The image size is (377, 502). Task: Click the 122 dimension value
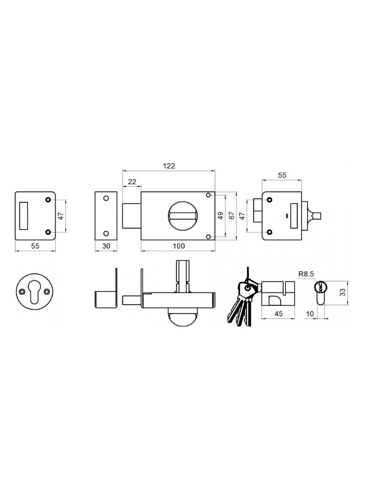pyautogui.click(x=169, y=166)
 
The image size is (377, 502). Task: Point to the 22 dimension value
pyautogui.click(x=132, y=182)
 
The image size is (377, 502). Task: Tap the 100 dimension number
pyautogui.click(x=179, y=246)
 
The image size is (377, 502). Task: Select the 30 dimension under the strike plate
pyautogui.click(x=106, y=246)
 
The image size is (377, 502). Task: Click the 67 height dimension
pyautogui.click(x=232, y=216)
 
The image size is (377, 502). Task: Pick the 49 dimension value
pyautogui.click(x=220, y=216)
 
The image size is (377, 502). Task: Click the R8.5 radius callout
pyautogui.click(x=306, y=274)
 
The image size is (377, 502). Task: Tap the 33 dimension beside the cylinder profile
pyautogui.click(x=342, y=292)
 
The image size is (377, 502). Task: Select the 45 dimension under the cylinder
pyautogui.click(x=278, y=314)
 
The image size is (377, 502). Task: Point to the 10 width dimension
pyautogui.click(x=310, y=314)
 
